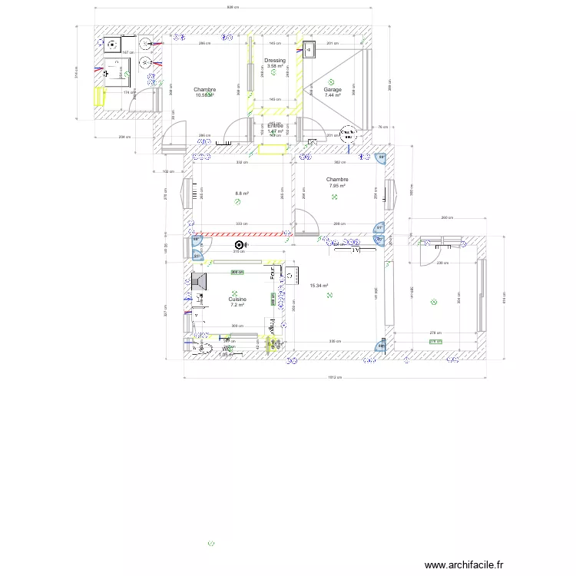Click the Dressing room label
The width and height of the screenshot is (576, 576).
click(275, 60)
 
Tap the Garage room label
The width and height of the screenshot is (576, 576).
click(333, 90)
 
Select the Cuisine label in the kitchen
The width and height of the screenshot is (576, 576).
click(237, 299)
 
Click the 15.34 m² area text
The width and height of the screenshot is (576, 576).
click(319, 286)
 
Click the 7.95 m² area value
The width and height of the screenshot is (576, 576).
click(337, 186)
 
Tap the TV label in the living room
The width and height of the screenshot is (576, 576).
click(356, 250)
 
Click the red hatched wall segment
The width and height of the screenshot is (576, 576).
click(241, 234)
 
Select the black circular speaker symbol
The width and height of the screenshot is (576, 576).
click(239, 245)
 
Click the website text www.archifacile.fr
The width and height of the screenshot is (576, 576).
click(462, 564)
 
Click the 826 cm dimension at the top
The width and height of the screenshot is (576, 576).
click(233, 8)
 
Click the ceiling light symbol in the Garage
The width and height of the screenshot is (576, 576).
click(331, 81)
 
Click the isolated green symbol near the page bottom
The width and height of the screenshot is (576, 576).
click(211, 544)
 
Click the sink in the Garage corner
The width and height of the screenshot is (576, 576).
click(310, 50)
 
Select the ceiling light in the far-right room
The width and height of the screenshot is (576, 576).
click(433, 303)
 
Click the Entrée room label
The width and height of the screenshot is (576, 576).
click(275, 125)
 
